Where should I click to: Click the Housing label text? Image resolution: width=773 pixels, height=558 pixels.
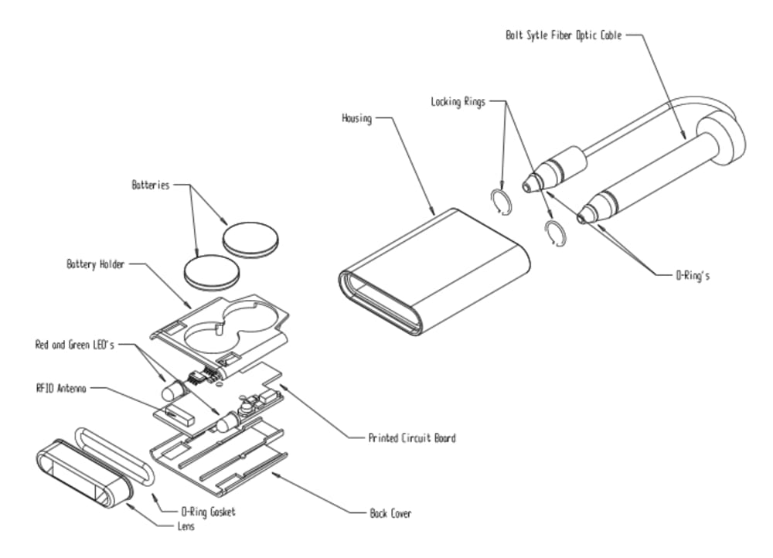[356, 118]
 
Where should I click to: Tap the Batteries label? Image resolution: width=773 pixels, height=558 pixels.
[150, 185]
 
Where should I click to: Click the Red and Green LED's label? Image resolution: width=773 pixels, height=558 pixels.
[74, 345]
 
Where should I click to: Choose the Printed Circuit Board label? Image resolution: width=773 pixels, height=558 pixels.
[412, 438]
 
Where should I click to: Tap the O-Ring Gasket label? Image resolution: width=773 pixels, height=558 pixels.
[207, 512]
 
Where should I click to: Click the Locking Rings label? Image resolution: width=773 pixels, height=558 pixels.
[458, 101]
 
